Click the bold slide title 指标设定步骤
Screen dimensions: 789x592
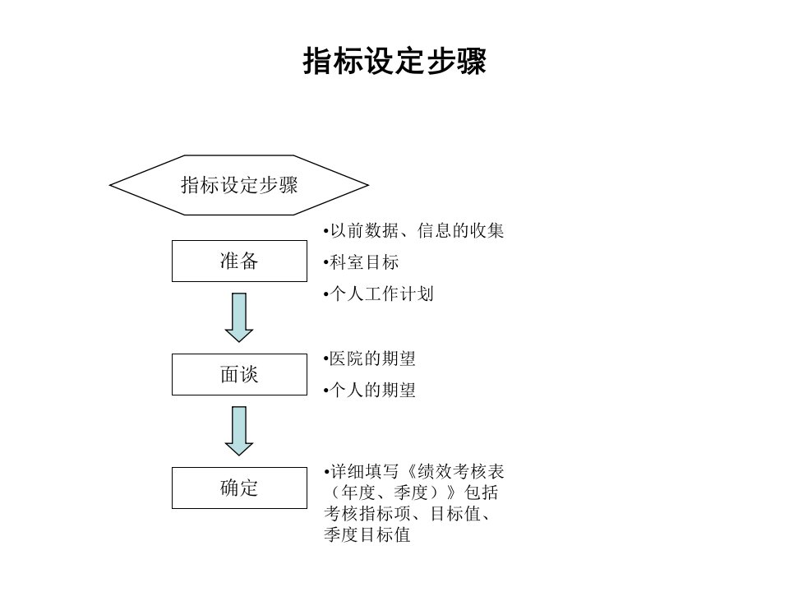(x=394, y=62)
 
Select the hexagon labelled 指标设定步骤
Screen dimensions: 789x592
(x=239, y=185)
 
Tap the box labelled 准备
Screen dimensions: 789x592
(x=239, y=261)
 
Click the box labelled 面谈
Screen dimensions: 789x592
(x=239, y=375)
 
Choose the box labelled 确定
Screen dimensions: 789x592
(x=239, y=488)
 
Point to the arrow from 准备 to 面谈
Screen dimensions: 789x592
(x=239, y=317)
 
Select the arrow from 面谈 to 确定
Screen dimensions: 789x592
(x=239, y=431)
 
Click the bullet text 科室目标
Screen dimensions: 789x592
(x=364, y=262)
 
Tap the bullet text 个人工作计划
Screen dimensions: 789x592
(x=381, y=294)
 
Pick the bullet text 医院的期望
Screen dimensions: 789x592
(x=372, y=359)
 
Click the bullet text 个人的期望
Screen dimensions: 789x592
(x=373, y=390)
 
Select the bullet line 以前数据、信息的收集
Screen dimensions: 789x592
(x=413, y=230)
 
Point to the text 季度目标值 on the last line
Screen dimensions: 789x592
(x=367, y=534)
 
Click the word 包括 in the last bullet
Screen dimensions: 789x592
(x=481, y=493)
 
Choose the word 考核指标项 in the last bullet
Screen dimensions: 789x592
(x=367, y=513)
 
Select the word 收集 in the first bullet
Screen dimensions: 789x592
(x=487, y=230)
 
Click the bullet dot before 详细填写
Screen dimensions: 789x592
(x=326, y=472)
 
